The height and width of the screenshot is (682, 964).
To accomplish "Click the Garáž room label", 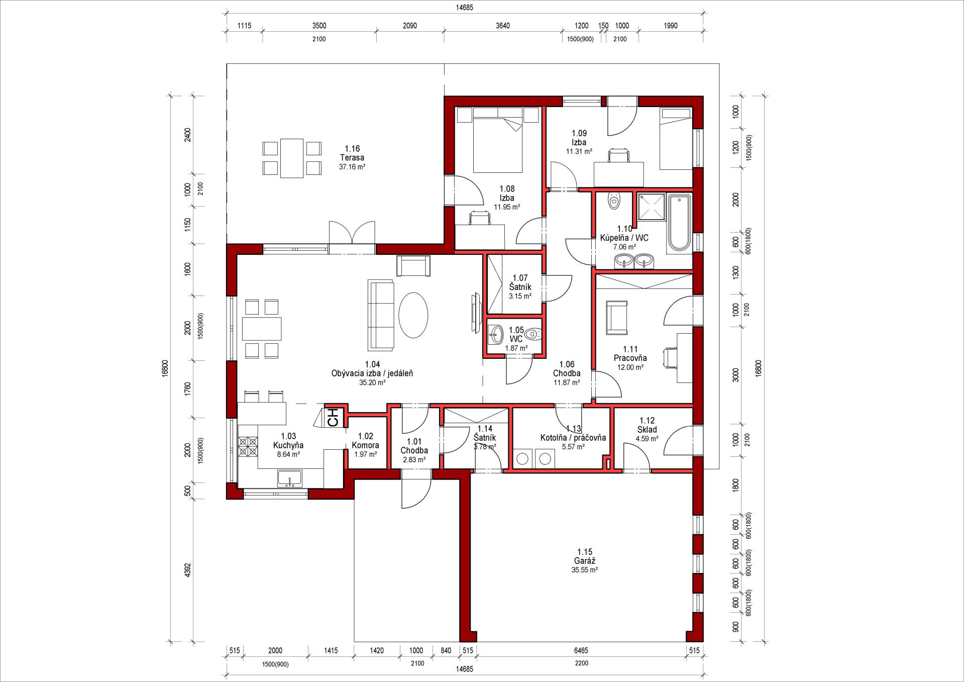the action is coord(585,561).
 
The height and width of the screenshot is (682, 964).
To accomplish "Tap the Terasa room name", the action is coord(352,158).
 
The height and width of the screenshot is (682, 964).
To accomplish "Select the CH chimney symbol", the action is coord(333,417).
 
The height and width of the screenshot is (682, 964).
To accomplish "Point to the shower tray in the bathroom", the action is coord(652,207).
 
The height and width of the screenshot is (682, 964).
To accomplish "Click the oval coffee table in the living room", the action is coord(413,315).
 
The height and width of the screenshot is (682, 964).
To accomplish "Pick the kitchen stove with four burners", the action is coord(248,447).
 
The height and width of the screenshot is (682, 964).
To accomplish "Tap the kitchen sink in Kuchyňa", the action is coord(290,478).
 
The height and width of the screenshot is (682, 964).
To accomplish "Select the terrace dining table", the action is coord(292,158).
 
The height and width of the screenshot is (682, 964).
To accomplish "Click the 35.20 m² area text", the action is coord(372,382).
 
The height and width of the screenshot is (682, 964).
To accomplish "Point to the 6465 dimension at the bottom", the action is coord(581,650).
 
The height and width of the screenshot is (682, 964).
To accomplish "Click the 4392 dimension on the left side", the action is coord(188,570).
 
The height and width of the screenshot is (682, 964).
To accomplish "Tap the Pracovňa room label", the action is coord(630,358).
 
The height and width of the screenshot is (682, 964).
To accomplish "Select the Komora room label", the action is coord(365,445).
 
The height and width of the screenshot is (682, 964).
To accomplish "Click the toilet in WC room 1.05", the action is coord(533,333).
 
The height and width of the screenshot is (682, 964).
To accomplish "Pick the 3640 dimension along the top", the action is coord(502,26).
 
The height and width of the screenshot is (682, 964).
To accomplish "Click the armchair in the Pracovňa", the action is coord(617,318).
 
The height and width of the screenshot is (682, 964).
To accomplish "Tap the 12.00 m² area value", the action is coord(630,367).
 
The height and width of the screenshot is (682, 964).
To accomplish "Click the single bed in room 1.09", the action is coord(676,138).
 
